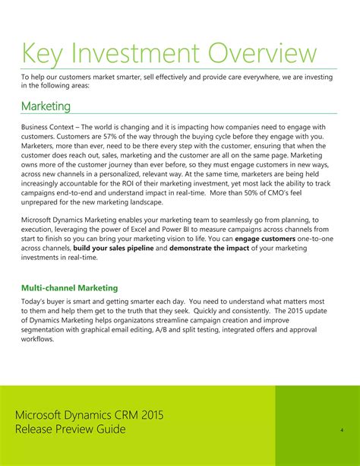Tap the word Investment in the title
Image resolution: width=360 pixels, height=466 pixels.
[x=144, y=54]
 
